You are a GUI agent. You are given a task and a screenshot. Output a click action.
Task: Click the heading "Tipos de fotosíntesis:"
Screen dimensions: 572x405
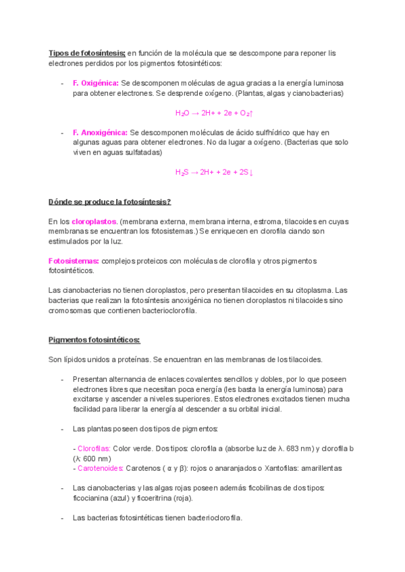(x=87, y=53)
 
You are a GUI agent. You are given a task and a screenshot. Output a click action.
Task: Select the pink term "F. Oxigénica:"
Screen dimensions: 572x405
(x=96, y=83)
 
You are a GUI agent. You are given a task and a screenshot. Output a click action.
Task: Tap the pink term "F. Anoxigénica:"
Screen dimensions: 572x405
(x=100, y=132)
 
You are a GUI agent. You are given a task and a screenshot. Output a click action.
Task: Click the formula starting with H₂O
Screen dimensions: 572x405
(x=213, y=113)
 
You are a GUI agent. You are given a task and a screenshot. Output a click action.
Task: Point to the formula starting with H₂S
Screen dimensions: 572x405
(x=213, y=172)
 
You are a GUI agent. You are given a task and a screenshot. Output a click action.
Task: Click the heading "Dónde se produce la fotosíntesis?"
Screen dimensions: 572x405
(x=110, y=202)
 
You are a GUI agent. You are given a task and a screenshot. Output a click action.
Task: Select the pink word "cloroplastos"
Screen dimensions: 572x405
(x=94, y=221)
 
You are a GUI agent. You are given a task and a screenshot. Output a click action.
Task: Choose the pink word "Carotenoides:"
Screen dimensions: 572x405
(x=101, y=468)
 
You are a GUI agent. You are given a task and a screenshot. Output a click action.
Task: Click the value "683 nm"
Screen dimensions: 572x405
(x=310, y=449)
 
